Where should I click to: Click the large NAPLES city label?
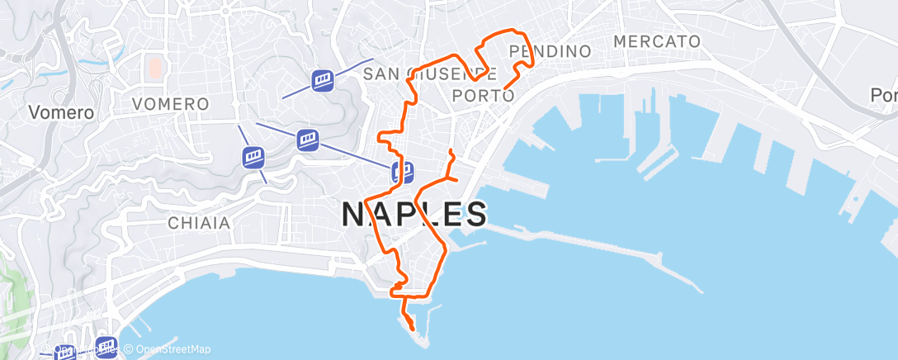414,215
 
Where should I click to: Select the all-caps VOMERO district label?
170,105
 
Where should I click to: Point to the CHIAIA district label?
198,223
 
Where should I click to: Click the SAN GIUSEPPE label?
429,74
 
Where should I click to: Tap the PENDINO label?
551,51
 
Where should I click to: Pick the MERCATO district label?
657,41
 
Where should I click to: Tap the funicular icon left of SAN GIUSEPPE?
322,80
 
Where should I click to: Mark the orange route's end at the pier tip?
412,329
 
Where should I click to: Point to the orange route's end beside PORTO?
504,87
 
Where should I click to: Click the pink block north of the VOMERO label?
154,67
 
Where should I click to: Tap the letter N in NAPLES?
354,215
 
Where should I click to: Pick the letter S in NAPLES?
474,215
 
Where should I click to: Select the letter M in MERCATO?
621,41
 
